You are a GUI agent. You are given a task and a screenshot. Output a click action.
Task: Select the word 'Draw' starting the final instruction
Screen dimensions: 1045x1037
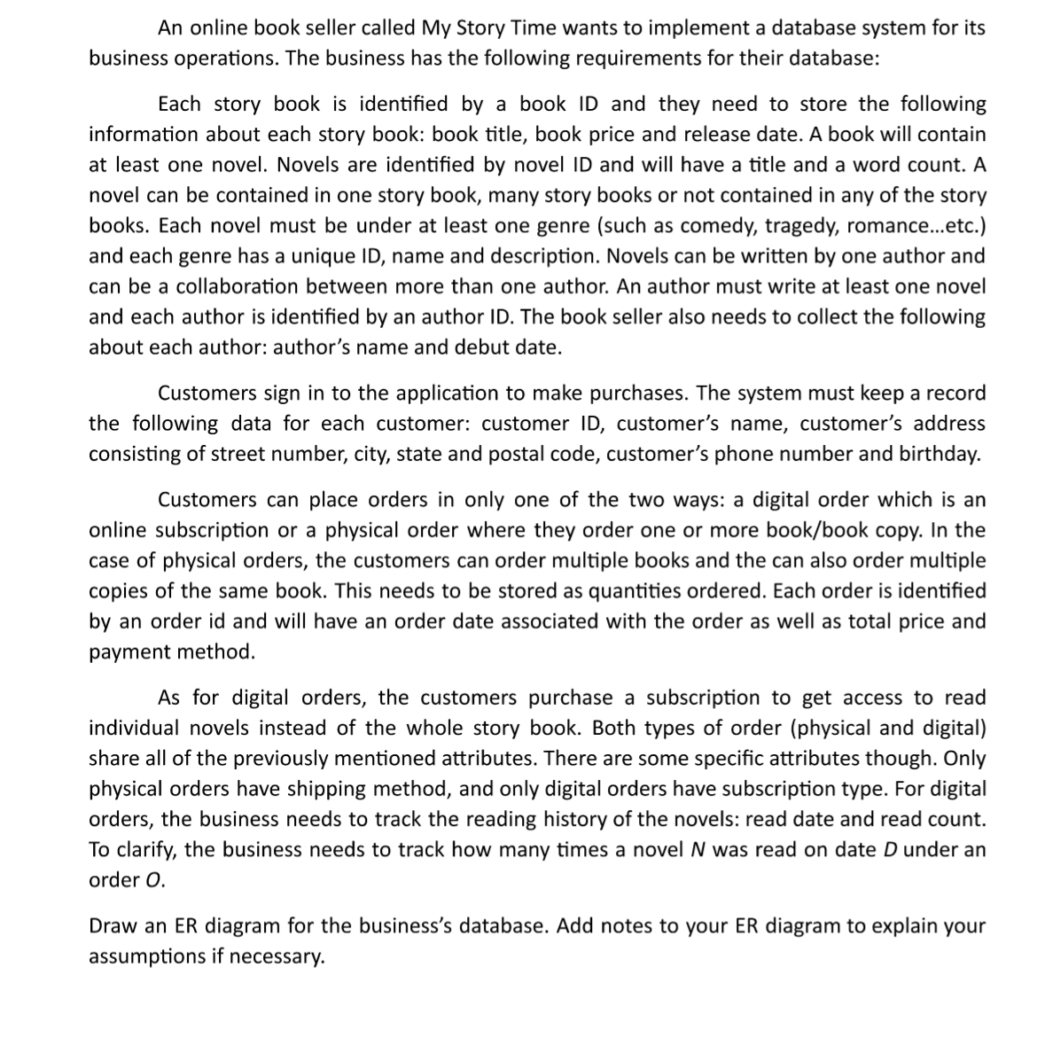tap(112, 926)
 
